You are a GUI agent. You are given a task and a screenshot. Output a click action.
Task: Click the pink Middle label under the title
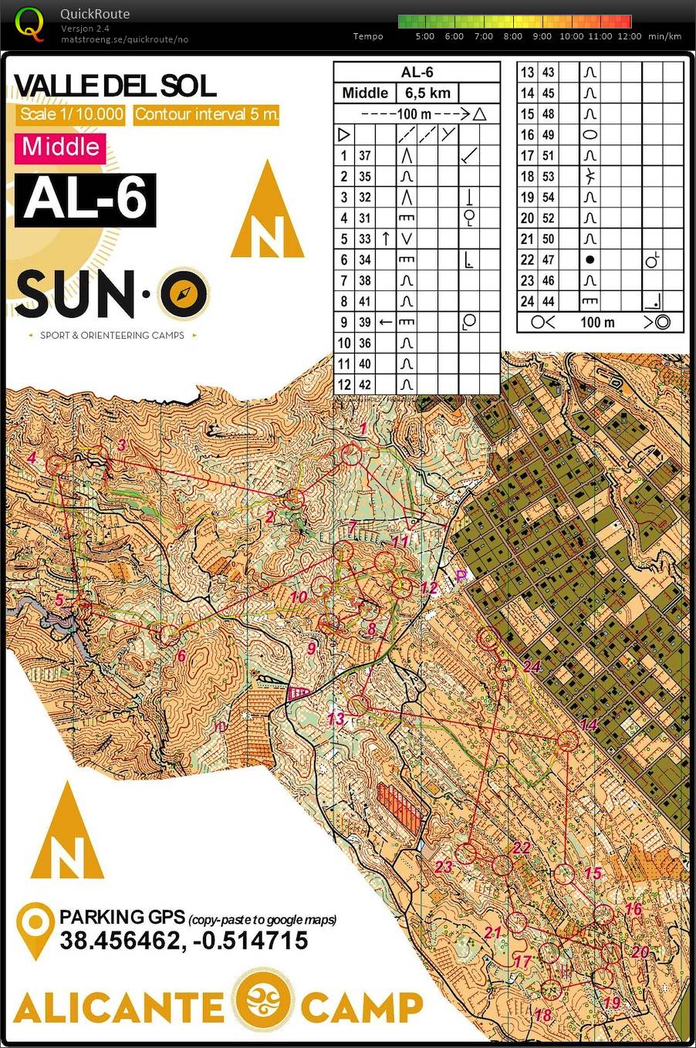[60, 147]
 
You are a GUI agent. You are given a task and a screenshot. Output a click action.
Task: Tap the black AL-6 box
[85, 200]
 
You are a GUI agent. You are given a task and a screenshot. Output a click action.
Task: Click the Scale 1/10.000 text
[71, 115]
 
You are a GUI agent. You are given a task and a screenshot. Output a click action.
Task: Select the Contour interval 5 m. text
[206, 115]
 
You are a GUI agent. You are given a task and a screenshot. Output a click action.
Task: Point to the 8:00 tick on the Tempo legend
[512, 35]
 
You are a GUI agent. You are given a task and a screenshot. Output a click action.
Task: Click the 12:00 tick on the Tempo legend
[629, 35]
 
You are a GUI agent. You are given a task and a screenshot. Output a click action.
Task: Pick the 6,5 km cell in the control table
[427, 93]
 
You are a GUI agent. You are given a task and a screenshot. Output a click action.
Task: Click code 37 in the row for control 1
[365, 156]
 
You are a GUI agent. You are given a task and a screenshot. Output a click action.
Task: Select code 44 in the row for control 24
[548, 302]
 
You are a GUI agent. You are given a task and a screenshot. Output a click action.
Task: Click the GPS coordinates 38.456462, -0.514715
[184, 940]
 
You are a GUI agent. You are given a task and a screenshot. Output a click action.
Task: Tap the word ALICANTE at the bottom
[118, 1006]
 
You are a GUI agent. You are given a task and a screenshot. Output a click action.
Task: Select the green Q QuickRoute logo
[29, 23]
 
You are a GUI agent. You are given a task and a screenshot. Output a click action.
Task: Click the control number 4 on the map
[32, 458]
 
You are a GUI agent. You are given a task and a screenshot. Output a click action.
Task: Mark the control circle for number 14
[568, 741]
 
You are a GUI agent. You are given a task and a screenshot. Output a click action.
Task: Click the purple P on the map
[461, 575]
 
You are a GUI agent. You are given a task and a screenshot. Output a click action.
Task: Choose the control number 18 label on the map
[543, 1014]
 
